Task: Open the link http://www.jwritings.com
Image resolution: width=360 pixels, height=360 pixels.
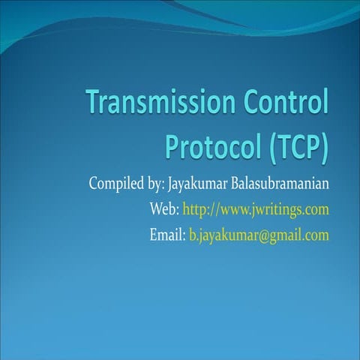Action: [256, 209]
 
